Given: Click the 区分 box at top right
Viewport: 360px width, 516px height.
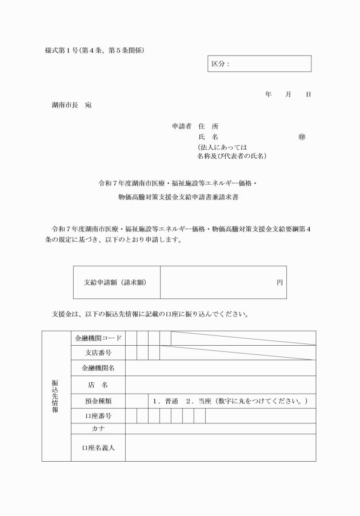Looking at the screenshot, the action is coord(259,63).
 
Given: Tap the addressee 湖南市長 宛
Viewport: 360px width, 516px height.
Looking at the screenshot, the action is coord(71,106).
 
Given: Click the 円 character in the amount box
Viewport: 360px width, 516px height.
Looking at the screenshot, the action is coord(279,282).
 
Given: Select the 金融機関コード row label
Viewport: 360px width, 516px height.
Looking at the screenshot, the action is coord(98,338).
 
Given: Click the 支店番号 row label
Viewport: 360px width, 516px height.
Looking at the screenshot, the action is coord(98,353).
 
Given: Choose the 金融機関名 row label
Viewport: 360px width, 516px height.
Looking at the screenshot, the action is coord(98,368).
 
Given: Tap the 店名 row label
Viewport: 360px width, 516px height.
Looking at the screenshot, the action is coord(98,385).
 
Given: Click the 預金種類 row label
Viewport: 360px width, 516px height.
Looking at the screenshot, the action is coord(98,401).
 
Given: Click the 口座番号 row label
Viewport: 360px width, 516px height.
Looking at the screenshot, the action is coord(98,415).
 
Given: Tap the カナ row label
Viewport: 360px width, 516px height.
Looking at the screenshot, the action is coord(98,428).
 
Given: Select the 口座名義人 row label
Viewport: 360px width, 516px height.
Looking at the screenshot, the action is coord(98,447).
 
